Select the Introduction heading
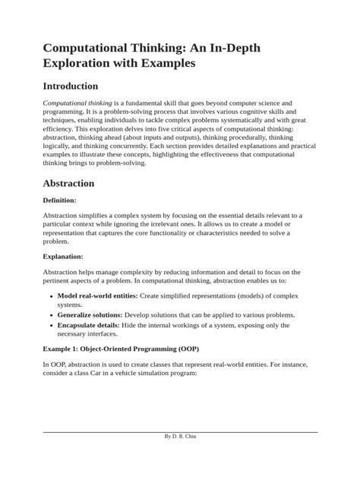pyautogui.click(x=71, y=87)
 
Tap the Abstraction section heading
pyautogui.click(x=68, y=183)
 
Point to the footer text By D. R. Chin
pyautogui.click(x=180, y=458)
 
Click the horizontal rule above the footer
pyautogui.click(x=180, y=453)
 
